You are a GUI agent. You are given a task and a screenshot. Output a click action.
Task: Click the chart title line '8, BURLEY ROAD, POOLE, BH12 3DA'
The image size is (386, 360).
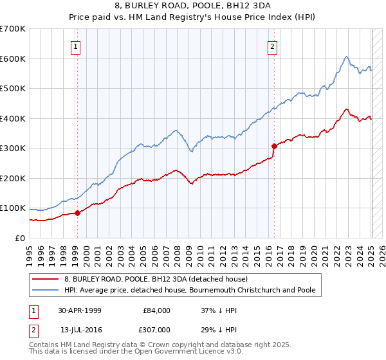pos(193,6)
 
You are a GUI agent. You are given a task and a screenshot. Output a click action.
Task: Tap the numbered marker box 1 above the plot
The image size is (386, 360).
pos(77,46)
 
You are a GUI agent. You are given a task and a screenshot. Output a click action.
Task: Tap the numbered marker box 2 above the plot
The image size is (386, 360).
pos(273,46)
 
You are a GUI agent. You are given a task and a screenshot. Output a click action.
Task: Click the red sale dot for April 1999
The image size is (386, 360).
pos(77,213)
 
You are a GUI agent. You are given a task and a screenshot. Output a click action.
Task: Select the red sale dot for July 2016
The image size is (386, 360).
pos(274,146)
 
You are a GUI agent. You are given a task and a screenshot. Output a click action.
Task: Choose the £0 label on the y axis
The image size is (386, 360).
pos(19,239)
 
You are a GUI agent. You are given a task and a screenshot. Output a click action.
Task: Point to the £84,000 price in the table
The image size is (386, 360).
pos(156,310)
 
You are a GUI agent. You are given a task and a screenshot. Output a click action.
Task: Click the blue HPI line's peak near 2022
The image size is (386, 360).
pos(346,57)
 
